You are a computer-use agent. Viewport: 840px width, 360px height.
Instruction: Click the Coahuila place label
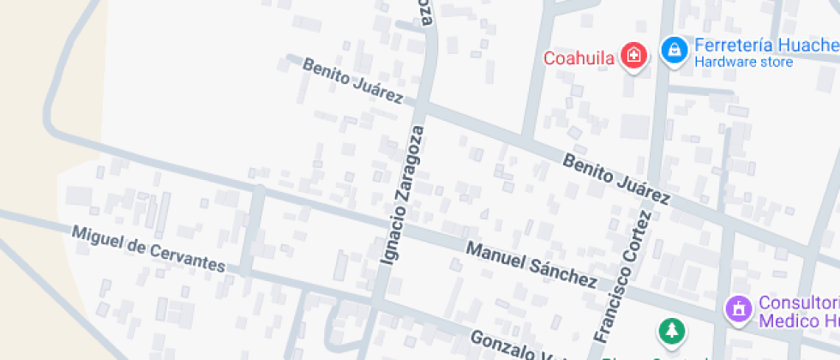coord(579,58)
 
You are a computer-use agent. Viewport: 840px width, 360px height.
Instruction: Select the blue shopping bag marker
coord(675,49)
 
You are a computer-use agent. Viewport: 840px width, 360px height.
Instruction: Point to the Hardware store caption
coord(743,62)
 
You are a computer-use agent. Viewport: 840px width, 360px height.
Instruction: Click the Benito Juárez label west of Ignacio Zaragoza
coord(352,83)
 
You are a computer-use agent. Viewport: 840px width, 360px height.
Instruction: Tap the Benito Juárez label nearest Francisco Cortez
coord(615,179)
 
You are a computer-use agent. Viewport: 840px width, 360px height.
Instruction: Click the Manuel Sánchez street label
coord(531,264)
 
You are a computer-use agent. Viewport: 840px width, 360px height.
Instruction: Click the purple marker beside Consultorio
coord(737,309)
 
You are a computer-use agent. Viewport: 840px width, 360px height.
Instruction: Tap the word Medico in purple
coord(781,321)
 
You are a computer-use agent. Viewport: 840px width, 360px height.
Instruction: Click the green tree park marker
coord(671,331)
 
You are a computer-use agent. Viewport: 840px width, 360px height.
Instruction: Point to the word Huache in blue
coord(810,45)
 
